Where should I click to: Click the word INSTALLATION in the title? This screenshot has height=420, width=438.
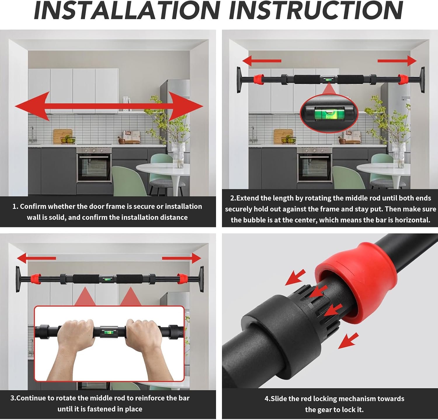click(x=127, y=11)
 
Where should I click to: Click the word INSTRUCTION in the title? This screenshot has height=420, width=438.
click(x=316, y=11)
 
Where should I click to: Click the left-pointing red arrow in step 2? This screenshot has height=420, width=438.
click(x=261, y=61)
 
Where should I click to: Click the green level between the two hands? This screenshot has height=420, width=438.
click(x=109, y=332)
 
